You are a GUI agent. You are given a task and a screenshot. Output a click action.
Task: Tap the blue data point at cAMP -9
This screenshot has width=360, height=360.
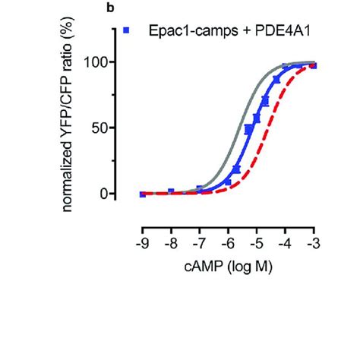click(x=143, y=194)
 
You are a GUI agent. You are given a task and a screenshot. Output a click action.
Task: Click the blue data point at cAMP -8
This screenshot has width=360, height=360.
click(x=171, y=192)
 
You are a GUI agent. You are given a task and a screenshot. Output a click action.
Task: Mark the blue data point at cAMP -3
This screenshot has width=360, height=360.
click(x=314, y=66)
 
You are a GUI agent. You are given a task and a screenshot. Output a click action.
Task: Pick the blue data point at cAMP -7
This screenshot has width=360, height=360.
click(x=200, y=189)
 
